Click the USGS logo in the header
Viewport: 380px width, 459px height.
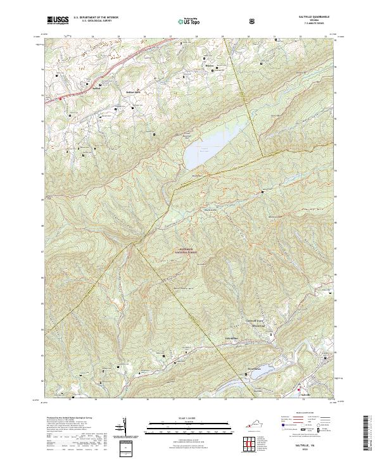[x=58, y=20]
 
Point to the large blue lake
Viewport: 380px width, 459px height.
[x=209, y=146]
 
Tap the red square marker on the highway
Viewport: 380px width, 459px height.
[x=61, y=98]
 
